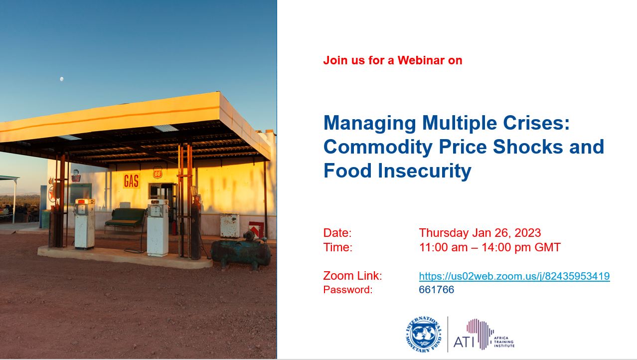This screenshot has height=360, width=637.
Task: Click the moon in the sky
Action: [62, 79]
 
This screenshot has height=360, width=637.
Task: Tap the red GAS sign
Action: [132, 181]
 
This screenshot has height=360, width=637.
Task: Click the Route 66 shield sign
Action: [158, 173]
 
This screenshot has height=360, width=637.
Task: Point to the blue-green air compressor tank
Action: [241, 253]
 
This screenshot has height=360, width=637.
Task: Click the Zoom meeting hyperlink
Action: [514, 276]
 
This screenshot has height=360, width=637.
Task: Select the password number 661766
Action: [436, 289]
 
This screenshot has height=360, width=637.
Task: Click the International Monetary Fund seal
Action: [424, 335]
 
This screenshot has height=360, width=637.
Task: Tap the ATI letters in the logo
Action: [464, 342]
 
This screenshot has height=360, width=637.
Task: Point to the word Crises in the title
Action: [536, 123]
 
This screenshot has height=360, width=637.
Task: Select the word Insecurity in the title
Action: [424, 171]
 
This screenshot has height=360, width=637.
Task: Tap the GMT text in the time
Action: [547, 247]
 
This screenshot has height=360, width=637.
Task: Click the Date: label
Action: [337, 233]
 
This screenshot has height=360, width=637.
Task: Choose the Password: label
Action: [348, 290]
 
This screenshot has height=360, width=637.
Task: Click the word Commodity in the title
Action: [378, 147]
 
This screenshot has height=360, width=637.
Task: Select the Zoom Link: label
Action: [352, 276]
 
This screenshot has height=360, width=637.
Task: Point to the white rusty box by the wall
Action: [230, 226]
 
